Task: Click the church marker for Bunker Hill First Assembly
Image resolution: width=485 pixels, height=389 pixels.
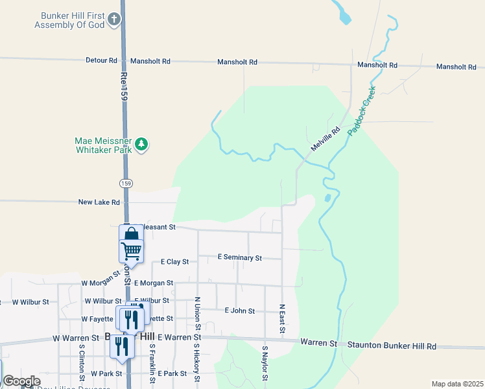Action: [x=114, y=19]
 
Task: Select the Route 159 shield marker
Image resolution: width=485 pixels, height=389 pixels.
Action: [x=126, y=184]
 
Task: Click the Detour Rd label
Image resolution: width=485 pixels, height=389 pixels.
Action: [x=101, y=60]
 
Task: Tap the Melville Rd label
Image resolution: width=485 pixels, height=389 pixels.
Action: [x=325, y=139]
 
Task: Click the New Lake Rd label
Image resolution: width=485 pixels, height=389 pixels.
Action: [x=99, y=202]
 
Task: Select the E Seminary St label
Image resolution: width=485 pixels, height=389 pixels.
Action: [x=239, y=257]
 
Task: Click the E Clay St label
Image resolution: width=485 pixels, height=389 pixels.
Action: [x=174, y=262]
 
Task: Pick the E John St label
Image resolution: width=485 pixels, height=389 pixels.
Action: [x=239, y=311]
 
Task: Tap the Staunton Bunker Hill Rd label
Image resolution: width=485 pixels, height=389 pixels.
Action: [x=392, y=346]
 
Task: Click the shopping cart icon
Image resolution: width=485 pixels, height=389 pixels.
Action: [x=131, y=250]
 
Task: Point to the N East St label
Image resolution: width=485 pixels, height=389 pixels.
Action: [x=282, y=319]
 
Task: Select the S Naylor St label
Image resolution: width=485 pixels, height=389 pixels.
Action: [x=265, y=363]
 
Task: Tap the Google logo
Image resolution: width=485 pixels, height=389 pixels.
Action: [x=21, y=381]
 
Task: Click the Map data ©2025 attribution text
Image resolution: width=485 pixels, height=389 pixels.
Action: [x=456, y=384]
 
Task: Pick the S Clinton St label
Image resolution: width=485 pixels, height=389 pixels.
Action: [x=82, y=363]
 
